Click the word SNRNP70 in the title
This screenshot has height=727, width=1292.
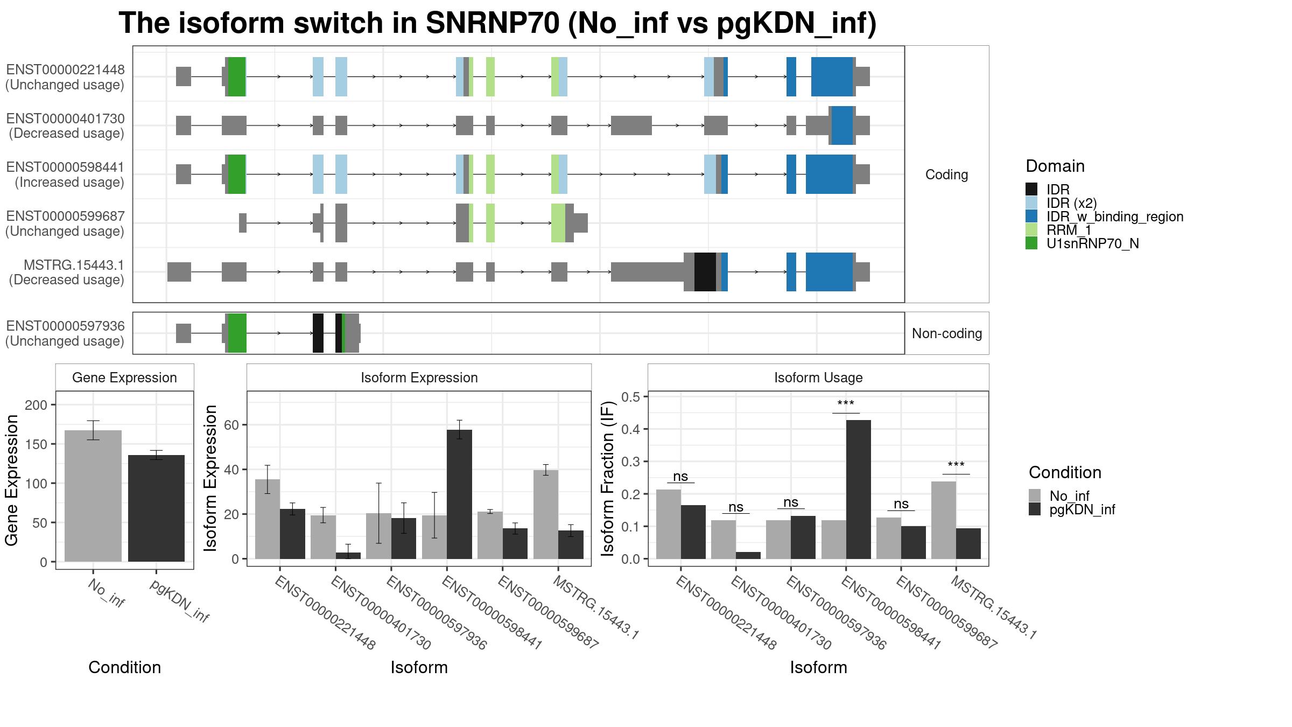(492, 23)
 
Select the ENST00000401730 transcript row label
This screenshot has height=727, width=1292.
(65, 126)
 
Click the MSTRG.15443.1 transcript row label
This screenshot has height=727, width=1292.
(66, 272)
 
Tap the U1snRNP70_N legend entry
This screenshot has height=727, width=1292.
(1092, 244)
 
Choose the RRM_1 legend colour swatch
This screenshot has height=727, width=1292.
(1031, 230)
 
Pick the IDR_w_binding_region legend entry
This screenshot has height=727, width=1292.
(1114, 216)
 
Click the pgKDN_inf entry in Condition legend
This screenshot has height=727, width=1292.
(1082, 509)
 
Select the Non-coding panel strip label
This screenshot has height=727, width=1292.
(946, 333)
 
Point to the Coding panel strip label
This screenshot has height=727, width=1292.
(946, 174)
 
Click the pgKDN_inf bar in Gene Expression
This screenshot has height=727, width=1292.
(156, 508)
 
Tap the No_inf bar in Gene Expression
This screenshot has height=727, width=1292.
(93, 495)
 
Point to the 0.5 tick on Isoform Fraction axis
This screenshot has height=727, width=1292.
(630, 397)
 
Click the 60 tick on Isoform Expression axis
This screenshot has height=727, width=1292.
(231, 425)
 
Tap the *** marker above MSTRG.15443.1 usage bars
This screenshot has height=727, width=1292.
(956, 465)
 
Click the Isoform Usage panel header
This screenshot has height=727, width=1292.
(818, 378)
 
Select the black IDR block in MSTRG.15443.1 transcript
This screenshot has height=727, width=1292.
(705, 272)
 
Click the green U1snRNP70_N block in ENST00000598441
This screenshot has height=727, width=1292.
(237, 174)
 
